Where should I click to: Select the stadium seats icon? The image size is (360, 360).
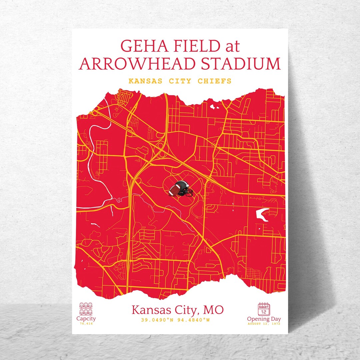(x=86, y=308)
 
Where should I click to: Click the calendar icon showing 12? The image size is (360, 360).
(x=264, y=309)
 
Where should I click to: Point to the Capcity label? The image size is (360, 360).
(x=86, y=319)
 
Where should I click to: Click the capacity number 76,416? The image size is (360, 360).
(x=86, y=324)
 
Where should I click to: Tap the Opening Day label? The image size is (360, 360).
(x=264, y=319)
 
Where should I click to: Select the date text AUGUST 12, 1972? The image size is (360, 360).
(x=264, y=324)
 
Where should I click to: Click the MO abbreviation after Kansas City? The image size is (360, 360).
(x=213, y=310)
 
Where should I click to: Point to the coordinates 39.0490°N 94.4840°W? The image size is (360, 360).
(x=175, y=320)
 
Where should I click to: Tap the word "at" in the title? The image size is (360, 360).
(x=232, y=46)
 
